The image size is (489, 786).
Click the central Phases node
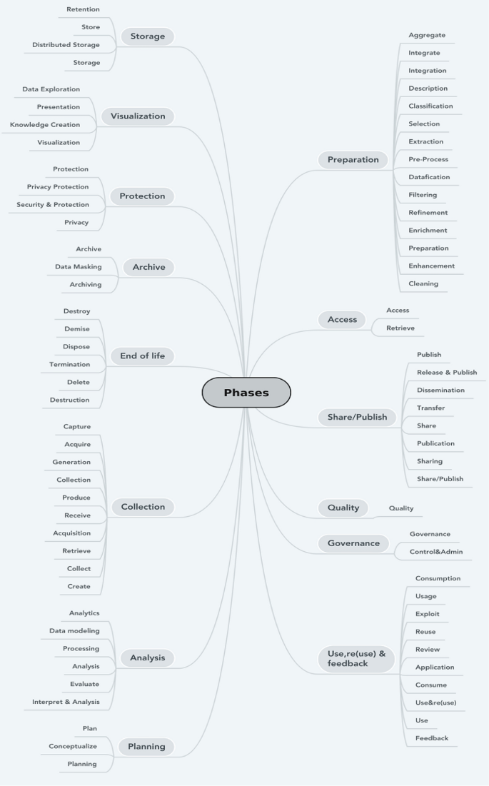tap(246, 393)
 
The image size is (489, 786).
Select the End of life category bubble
tap(142, 356)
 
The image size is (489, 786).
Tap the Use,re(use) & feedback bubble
tap(356, 658)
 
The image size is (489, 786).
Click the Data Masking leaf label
tap(79, 267)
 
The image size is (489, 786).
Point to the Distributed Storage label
tap(66, 45)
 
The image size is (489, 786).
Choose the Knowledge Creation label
tap(45, 125)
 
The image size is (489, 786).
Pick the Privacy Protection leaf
tap(58, 187)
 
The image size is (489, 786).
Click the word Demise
tap(77, 329)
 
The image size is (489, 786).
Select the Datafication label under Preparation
tap(429, 177)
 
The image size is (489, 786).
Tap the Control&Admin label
tap(436, 552)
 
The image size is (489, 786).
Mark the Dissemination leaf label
tap(440, 391)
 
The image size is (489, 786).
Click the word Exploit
tap(428, 614)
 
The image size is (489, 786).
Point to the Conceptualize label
tap(73, 747)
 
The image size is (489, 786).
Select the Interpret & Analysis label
tap(66, 702)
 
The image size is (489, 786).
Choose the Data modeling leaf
tap(74, 631)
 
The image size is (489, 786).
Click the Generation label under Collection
tap(71, 463)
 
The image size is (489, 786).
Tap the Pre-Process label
tap(428, 159)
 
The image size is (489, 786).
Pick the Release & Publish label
tap(447, 373)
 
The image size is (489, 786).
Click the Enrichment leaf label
tap(428, 231)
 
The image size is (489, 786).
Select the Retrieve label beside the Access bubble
tap(400, 328)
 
